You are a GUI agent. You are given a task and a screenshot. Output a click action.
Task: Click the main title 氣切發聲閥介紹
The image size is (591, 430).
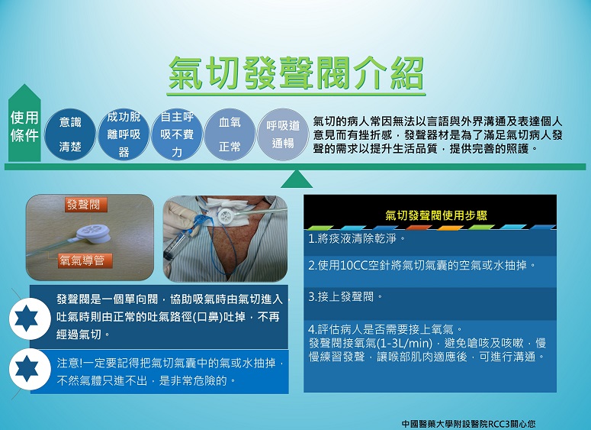point(296,73)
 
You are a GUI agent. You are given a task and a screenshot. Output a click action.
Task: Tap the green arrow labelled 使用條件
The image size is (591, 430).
point(24,123)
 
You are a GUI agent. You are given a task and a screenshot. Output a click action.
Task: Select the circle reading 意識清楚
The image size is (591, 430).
point(70,134)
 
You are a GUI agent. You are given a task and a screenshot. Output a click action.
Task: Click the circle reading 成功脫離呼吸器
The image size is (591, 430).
point(124,134)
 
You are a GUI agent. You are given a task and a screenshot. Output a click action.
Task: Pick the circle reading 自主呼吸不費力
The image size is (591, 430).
point(177,134)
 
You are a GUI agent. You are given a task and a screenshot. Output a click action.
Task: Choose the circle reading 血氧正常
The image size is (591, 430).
point(230,134)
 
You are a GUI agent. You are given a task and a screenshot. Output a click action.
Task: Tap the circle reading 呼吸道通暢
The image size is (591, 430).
point(283,134)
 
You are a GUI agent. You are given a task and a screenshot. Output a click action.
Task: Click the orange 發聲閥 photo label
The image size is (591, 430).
point(86,205)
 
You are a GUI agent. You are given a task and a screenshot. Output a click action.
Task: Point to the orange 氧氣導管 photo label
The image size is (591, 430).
point(85,260)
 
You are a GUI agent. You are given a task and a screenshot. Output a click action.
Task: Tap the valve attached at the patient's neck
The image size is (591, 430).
point(229,216)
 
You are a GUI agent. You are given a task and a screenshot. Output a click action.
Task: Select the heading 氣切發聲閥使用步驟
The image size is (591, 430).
point(436,215)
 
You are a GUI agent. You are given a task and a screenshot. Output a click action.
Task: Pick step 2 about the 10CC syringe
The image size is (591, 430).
point(422,265)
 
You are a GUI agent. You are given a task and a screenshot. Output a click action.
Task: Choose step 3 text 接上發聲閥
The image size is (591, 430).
point(345,297)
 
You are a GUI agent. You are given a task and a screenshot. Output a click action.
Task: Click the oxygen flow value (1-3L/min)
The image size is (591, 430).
point(404,343)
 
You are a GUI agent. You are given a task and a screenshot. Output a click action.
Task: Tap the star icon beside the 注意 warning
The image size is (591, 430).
point(30,369)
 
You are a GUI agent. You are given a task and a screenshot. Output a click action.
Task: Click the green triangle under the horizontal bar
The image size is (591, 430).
point(297,179)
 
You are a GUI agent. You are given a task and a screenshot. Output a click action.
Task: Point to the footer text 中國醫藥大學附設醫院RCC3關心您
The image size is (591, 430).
point(468,424)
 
